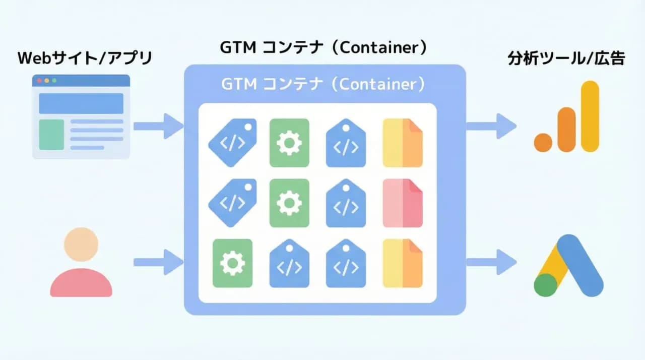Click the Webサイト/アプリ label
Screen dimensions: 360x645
coord(84,58)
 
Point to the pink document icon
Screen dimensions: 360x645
coord(403,203)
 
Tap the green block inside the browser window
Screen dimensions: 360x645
coord(51,135)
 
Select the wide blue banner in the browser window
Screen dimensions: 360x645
coord(81,103)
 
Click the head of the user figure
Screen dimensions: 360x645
coord(81,245)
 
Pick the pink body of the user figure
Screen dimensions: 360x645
coord(81,283)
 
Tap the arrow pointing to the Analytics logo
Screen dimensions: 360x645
coord(491,126)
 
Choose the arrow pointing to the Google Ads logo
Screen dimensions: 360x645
coord(491,262)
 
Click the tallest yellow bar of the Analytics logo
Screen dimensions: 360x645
coord(590,116)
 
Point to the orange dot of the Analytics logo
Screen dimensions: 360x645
coord(544,142)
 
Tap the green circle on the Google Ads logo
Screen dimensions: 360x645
coord(545,284)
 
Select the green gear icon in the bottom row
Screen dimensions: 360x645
coord(232,263)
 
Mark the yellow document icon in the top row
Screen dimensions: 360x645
coord(403,143)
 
